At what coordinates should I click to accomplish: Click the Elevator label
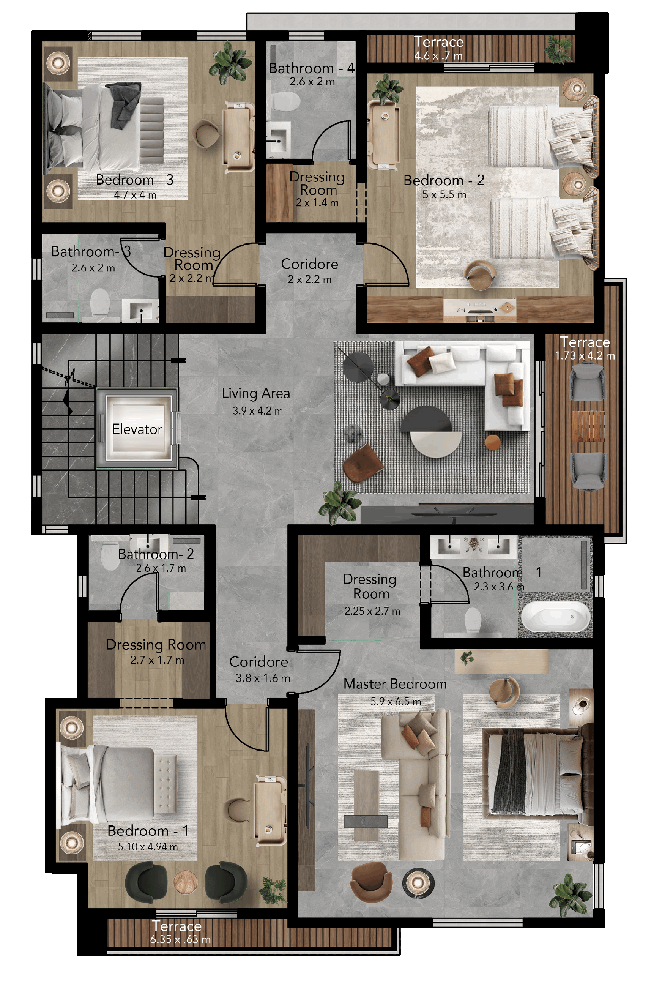(137, 429)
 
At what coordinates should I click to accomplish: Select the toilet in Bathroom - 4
(286, 101)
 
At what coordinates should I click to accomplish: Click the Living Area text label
(256, 393)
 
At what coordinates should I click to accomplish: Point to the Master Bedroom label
(395, 684)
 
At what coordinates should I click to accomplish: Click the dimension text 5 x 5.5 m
(444, 195)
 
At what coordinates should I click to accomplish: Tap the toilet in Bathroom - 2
(110, 557)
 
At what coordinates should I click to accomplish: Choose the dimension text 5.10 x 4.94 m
(148, 847)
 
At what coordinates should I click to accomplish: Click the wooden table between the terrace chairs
(588, 426)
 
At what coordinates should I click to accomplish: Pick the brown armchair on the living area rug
(363, 463)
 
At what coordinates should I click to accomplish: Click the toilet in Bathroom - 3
(100, 301)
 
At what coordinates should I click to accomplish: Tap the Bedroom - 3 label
(134, 180)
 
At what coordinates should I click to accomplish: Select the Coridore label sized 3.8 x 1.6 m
(259, 662)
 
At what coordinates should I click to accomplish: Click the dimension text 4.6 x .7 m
(438, 55)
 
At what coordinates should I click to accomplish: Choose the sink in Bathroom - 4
(279, 137)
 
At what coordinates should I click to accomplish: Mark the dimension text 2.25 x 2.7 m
(372, 611)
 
